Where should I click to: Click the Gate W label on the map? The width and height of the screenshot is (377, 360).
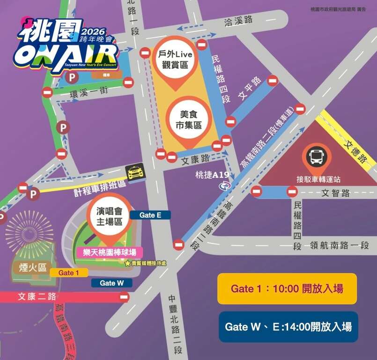(111, 283)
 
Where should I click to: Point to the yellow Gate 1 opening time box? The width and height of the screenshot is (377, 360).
(287, 289)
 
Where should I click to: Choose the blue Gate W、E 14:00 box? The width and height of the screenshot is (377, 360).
(288, 327)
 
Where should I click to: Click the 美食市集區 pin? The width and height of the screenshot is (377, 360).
(190, 120)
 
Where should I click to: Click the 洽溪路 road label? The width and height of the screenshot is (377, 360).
(238, 20)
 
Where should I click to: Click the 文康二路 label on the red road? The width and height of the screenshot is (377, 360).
(37, 297)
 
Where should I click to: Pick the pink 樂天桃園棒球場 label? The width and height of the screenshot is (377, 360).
(110, 253)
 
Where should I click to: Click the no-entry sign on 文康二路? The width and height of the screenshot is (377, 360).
(124, 297)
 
